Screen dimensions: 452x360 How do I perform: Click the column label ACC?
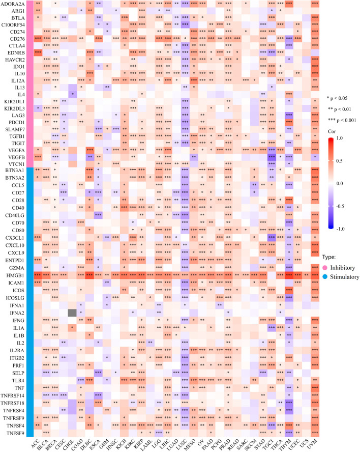(36, 444)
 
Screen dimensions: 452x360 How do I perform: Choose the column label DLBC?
(88, 444)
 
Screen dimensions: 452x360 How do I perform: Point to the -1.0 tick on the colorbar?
(347, 228)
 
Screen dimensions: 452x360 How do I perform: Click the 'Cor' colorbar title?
(332, 130)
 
